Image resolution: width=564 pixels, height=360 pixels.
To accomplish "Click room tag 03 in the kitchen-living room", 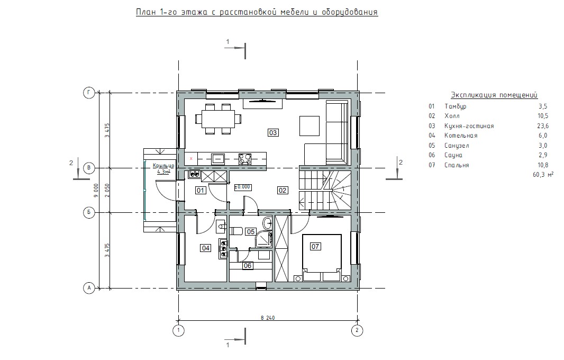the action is pos(273,132).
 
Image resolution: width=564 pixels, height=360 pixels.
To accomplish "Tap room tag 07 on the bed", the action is pos(315,246).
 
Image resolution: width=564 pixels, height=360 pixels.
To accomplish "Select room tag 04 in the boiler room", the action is pos(206,248).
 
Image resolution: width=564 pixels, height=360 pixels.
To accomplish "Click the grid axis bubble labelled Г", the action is pos(89,93).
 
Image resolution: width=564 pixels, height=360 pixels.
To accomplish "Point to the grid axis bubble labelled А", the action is pos(89,288).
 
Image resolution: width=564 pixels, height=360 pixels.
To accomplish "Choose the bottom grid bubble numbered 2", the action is pos(357,330).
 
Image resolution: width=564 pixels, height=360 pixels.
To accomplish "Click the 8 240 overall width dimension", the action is pos(268,318).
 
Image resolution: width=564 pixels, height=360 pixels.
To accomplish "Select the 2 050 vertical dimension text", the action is pos(107,190).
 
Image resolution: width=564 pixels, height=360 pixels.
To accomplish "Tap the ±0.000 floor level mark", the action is pos(243,187).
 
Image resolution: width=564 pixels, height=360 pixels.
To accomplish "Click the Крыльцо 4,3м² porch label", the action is pos(163,168).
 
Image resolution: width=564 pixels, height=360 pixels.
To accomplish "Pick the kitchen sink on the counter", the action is pos(217,158).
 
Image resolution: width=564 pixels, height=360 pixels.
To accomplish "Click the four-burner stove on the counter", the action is pos(245,159).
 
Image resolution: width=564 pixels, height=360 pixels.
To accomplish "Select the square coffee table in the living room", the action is pos(310,125).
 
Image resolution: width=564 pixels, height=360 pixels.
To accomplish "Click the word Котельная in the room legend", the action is pos(461,136).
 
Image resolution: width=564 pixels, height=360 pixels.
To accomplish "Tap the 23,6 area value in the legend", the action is pos(542,125).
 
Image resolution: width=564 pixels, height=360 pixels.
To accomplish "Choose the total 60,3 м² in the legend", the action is pos(543,175).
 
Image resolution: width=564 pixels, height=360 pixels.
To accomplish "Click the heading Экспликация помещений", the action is pos(494,95).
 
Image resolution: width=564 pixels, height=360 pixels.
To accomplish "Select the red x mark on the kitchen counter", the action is pos(191,158).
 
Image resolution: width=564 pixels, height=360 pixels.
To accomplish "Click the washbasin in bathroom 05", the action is pos(267,223).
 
